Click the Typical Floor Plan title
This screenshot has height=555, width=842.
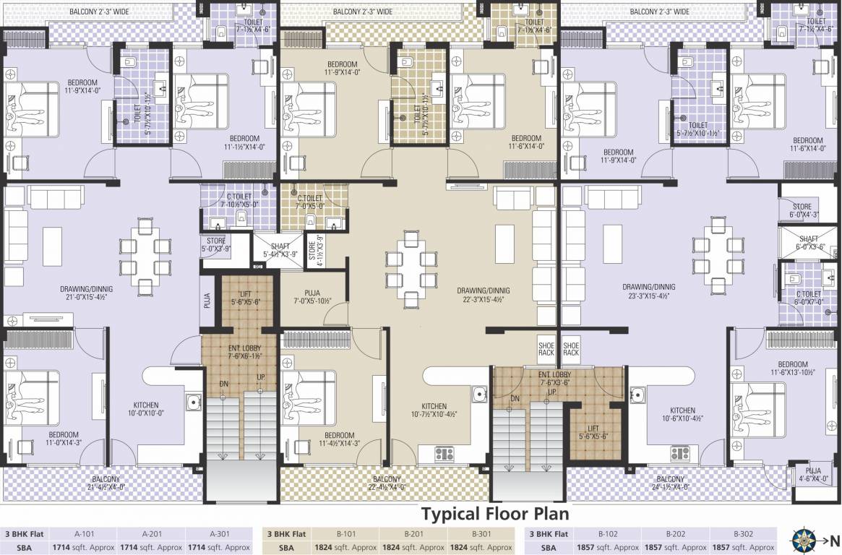(x=494, y=514)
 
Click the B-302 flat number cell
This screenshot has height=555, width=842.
(x=742, y=534)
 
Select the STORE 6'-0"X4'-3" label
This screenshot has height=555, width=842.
(x=807, y=210)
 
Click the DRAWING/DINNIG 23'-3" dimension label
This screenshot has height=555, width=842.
(x=648, y=291)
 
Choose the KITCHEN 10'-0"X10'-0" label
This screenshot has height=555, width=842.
(x=146, y=410)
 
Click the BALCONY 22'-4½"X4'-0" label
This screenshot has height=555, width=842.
(x=387, y=483)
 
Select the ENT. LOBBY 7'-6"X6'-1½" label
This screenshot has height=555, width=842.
(x=240, y=352)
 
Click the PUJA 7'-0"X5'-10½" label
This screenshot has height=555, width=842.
(x=312, y=297)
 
